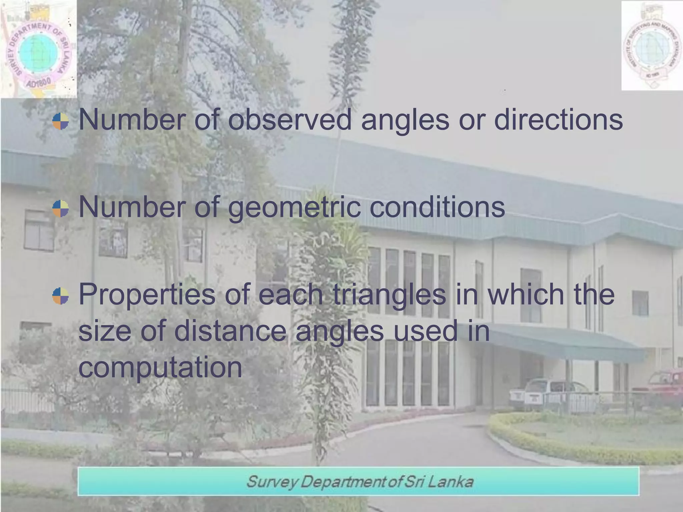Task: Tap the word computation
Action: (x=160, y=367)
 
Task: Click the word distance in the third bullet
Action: (x=230, y=331)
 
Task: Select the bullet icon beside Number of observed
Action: (x=61, y=121)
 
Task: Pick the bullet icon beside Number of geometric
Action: (x=61, y=208)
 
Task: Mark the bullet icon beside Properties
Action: (x=61, y=296)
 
